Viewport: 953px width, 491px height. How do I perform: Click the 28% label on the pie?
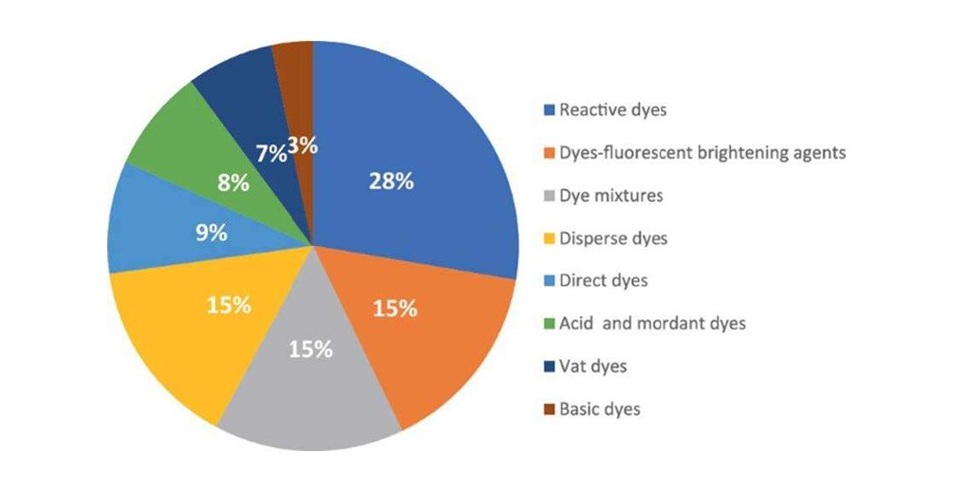pyautogui.click(x=391, y=181)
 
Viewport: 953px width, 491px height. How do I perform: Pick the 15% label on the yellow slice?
pyautogui.click(x=229, y=305)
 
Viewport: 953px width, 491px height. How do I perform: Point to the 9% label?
pyautogui.click(x=212, y=232)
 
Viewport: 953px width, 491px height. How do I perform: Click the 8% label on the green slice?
pyautogui.click(x=233, y=182)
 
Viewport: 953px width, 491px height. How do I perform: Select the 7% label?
pyautogui.click(x=271, y=152)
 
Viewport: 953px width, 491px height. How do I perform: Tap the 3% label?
pyautogui.click(x=302, y=146)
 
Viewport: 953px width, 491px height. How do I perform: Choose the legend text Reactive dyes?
pyautogui.click(x=612, y=110)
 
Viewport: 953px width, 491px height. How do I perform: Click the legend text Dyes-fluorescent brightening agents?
pyautogui.click(x=702, y=153)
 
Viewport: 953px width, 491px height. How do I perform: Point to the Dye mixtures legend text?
pyautogui.click(x=611, y=196)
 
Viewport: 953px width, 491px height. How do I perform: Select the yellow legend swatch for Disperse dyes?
pyautogui.click(x=549, y=238)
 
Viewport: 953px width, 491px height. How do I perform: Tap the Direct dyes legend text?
pyautogui.click(x=604, y=281)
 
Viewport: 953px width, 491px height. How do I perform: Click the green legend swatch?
pyautogui.click(x=549, y=324)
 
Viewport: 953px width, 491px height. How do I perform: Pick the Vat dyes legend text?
pyautogui.click(x=593, y=367)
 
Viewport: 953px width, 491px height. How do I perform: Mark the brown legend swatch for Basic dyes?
pyautogui.click(x=549, y=409)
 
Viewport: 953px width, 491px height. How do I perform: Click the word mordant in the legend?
pyautogui.click(x=669, y=324)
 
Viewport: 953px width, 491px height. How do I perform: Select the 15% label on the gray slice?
pyautogui.click(x=310, y=349)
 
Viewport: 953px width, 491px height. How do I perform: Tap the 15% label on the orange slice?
pyautogui.click(x=395, y=309)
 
